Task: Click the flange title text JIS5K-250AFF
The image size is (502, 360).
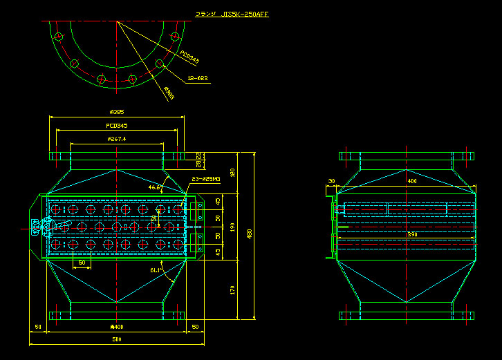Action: pyautogui.click(x=232, y=14)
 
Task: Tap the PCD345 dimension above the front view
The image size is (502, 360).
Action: pyautogui.click(x=116, y=126)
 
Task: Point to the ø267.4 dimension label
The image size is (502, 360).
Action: pyautogui.click(x=116, y=139)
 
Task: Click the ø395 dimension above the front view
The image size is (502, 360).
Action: pyautogui.click(x=116, y=112)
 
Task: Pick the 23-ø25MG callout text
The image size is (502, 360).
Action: pyautogui.click(x=205, y=179)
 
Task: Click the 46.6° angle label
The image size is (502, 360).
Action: pyautogui.click(x=155, y=187)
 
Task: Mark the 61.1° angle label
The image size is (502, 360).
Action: pyautogui.click(x=156, y=270)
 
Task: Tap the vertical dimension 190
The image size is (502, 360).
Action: pyautogui.click(x=233, y=226)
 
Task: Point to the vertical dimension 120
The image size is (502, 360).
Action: pyautogui.click(x=233, y=172)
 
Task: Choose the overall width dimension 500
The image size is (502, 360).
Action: pyautogui.click(x=116, y=339)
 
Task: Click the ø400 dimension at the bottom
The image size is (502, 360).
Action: pyautogui.click(x=116, y=327)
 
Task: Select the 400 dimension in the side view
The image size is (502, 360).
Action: pyautogui.click(x=412, y=181)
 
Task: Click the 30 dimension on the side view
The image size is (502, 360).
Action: pyautogui.click(x=331, y=181)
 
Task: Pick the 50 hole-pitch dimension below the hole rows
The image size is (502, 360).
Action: pyautogui.click(x=82, y=263)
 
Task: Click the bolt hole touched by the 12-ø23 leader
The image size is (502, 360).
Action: pyautogui.click(x=160, y=64)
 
